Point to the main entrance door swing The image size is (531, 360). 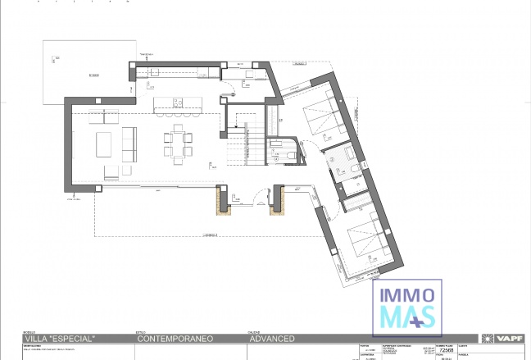click(261, 198)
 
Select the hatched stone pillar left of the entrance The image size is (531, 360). click(221, 199)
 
